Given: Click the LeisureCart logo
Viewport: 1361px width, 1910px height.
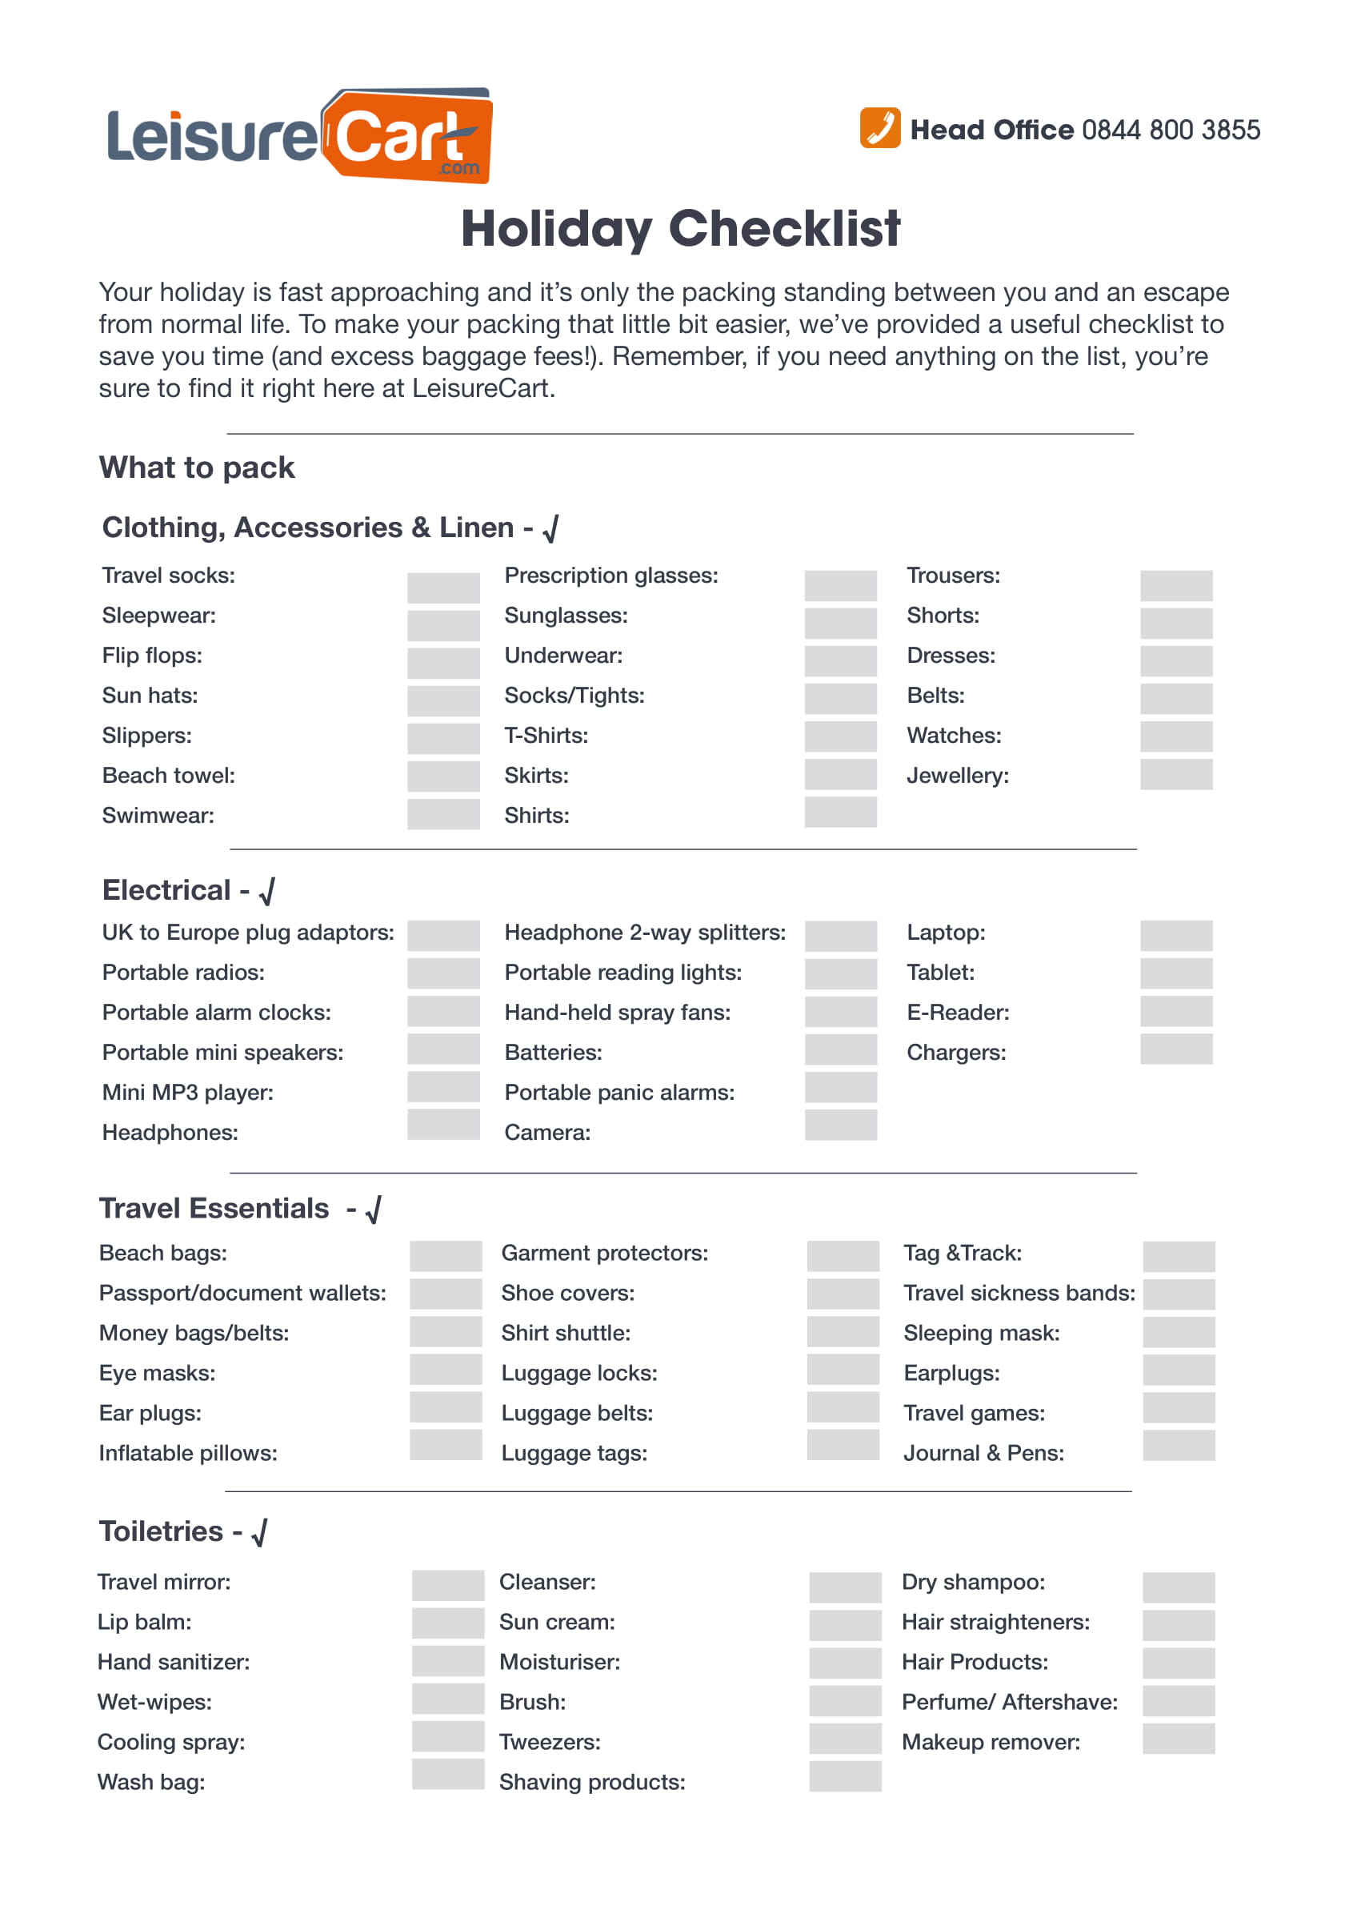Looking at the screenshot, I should [299, 136].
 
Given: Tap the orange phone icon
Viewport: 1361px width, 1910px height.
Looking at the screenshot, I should [879, 128].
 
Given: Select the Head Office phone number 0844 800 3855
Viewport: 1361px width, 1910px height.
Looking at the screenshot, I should [1170, 130].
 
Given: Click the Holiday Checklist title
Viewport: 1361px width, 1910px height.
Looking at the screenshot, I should [679, 228].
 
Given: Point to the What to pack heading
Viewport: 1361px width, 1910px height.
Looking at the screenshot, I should [197, 467].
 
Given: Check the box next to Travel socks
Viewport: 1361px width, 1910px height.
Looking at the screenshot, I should [443, 587].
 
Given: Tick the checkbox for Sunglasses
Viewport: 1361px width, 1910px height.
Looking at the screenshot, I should [840, 623].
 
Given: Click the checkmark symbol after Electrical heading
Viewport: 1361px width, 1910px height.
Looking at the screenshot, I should [267, 891].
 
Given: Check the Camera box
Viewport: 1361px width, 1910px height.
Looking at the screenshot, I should [840, 1125].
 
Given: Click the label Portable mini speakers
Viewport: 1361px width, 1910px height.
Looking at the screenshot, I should [222, 1052].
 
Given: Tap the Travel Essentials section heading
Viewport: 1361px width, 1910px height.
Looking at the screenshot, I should [214, 1208].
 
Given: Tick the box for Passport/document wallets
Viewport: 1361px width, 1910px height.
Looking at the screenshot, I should [445, 1294].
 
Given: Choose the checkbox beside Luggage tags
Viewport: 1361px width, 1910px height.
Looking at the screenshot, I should [843, 1445].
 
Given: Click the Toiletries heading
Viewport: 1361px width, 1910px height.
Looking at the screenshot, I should [161, 1531].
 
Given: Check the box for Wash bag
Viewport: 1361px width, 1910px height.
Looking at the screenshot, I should [447, 1774].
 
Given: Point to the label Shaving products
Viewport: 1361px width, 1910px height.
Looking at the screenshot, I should [591, 1782].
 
